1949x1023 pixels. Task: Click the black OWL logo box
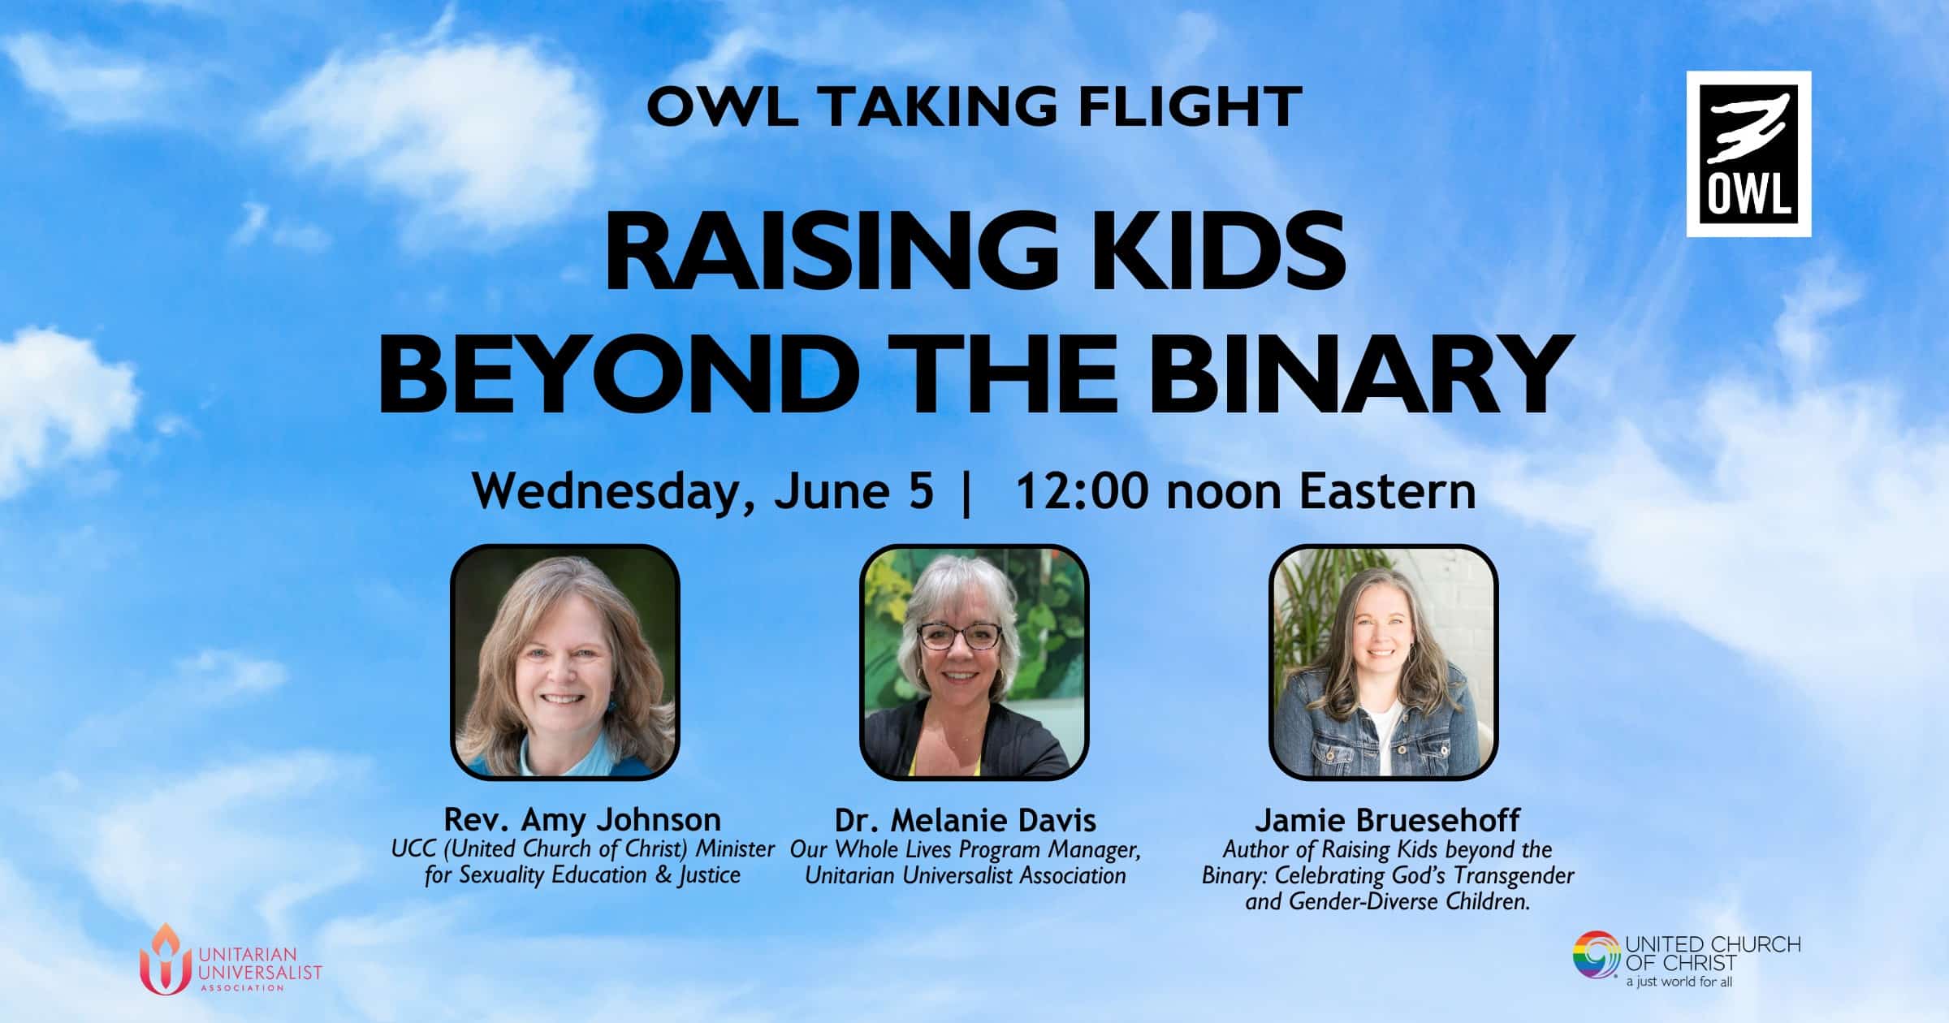tap(1748, 154)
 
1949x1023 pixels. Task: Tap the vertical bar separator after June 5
tap(966, 492)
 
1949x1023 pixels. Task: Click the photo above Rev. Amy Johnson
tap(565, 662)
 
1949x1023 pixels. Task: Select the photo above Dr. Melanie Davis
tap(974, 662)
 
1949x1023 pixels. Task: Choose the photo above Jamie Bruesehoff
tap(1383, 662)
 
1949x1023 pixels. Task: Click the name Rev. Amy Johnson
tap(582, 819)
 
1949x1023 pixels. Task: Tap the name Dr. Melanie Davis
tap(966, 820)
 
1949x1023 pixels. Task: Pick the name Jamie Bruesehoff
tap(1388, 820)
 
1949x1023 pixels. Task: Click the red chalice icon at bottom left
tap(166, 960)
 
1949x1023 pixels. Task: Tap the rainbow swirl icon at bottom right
tap(1597, 956)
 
